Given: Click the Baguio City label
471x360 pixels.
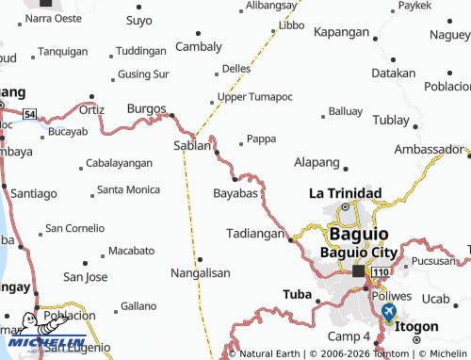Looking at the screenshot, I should (x=360, y=252).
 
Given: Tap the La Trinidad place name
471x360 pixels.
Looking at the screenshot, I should (x=346, y=193).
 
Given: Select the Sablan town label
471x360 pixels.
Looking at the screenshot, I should (x=193, y=145).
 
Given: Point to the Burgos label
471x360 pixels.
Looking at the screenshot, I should (x=146, y=108).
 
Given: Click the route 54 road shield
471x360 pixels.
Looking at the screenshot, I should (x=30, y=114).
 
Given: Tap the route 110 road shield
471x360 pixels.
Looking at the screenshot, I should (x=380, y=272).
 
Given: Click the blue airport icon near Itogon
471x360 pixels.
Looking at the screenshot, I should (x=388, y=310).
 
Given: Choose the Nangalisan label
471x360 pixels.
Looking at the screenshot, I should (x=200, y=272).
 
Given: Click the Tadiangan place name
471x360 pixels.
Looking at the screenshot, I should (x=255, y=233).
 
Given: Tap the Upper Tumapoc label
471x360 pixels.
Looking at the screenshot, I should (x=254, y=97).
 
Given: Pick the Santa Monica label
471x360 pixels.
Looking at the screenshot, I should (x=129, y=189).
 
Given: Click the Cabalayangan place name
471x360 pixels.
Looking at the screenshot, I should (x=119, y=163).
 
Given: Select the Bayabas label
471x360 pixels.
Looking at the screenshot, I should (x=235, y=193).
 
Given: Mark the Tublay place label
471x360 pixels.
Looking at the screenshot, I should (x=391, y=120).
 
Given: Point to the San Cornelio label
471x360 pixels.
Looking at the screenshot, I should (x=75, y=227).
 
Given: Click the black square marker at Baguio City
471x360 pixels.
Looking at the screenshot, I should (x=359, y=271).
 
